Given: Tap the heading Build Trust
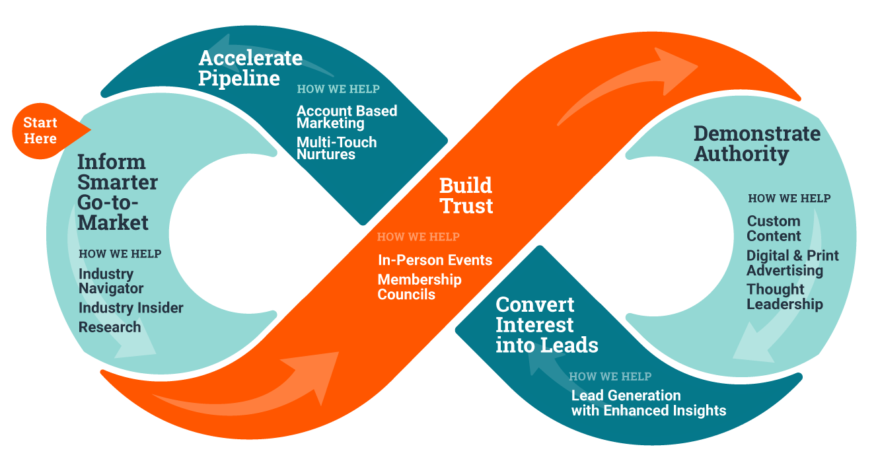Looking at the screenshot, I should pos(466,196).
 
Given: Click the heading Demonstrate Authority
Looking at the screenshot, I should pos(756,143).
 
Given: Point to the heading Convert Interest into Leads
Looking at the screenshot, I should pos(546,325).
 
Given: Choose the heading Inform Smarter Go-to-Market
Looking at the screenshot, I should pos(118,192).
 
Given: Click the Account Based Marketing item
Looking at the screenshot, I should pos(346,117).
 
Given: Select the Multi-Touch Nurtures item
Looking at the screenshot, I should pos(336,148).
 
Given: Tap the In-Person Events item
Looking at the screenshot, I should pos(435,260).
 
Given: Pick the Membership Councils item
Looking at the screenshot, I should pos(419,287).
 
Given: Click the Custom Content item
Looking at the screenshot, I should pos(774,229).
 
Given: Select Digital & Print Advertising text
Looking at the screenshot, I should pos(792,263).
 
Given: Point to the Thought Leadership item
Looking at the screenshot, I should pos(784,297).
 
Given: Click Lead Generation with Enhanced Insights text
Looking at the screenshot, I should pos(648,403).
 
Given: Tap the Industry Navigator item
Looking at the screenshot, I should pos(111,281).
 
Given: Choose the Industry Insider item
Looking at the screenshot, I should pos(131,308).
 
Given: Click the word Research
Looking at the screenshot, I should pos(110,327).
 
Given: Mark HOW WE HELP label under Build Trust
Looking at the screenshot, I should pos(418,236).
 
